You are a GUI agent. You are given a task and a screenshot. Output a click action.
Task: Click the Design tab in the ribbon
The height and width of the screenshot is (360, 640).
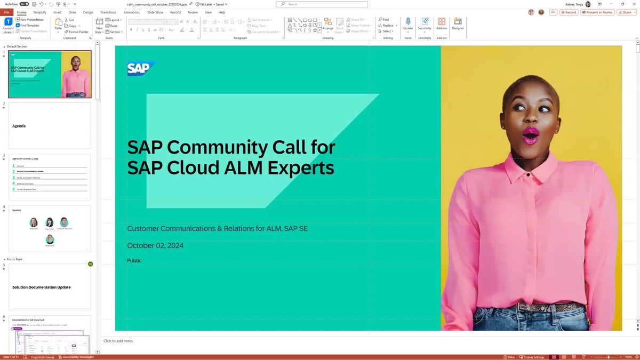pyautogui.click(x=88, y=12)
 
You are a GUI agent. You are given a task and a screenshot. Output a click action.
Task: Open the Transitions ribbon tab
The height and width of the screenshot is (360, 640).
pyautogui.click(x=108, y=12)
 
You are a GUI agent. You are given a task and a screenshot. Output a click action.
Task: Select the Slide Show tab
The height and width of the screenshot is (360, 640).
pyautogui.click(x=155, y=12)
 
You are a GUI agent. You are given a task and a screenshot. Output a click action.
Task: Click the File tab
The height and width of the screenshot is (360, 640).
pyautogui.click(x=7, y=12)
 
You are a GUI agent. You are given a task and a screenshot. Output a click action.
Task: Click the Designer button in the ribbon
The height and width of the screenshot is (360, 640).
pyautogui.click(x=458, y=24)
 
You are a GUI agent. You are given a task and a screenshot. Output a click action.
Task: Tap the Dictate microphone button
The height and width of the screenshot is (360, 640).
pyautogui.click(x=408, y=24)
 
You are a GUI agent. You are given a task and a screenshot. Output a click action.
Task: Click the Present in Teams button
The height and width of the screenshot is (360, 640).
pyautogui.click(x=597, y=12)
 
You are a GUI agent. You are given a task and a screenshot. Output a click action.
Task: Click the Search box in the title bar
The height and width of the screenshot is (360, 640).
pyautogui.click(x=322, y=4)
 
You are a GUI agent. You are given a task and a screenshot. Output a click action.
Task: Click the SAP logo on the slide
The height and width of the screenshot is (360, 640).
pyautogui.click(x=140, y=68)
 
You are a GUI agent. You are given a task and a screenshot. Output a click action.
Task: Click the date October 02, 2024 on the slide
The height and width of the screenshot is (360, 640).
pyautogui.click(x=155, y=245)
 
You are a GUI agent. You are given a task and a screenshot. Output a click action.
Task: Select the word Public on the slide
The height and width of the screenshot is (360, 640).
pyautogui.click(x=134, y=260)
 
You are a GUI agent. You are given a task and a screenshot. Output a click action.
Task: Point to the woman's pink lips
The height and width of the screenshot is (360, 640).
pyautogui.click(x=530, y=134)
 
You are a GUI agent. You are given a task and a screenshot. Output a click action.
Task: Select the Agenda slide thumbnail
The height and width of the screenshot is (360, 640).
pyautogui.click(x=50, y=126)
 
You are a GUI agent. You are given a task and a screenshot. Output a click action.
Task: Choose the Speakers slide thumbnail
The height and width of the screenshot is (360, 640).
pyautogui.click(x=50, y=229)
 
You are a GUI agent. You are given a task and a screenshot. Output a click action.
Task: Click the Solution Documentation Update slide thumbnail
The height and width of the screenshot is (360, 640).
pyautogui.click(x=50, y=287)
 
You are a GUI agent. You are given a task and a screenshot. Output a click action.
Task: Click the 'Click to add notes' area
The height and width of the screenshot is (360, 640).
pyautogui.click(x=118, y=341)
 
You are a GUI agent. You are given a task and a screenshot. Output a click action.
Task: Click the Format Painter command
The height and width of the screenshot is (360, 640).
pyautogui.click(x=77, y=32)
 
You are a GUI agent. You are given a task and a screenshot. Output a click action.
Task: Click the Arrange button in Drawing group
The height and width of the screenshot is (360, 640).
pyautogui.click(x=328, y=24)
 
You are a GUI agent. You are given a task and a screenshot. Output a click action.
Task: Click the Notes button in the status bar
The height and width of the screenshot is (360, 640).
pyautogui.click(x=509, y=357)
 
